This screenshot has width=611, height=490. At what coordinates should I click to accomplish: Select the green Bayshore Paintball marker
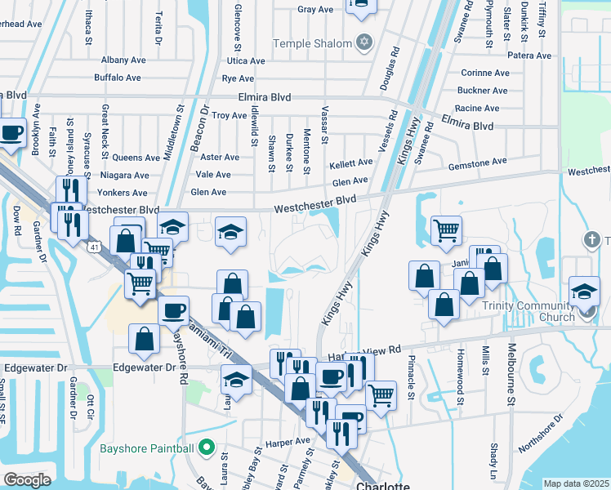pos(206,448)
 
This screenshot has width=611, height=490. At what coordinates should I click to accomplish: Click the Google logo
pos(27,479)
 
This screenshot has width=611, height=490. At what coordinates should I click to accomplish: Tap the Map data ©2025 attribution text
pos(576,483)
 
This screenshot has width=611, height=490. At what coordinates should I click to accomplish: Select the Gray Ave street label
pos(315,10)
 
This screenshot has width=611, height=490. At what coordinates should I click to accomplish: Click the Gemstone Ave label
pos(477,163)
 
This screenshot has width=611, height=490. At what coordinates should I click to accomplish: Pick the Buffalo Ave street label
pos(118,78)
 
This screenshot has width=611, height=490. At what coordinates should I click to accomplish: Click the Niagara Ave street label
pos(123,175)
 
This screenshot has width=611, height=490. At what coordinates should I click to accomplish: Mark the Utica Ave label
pos(246,61)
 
